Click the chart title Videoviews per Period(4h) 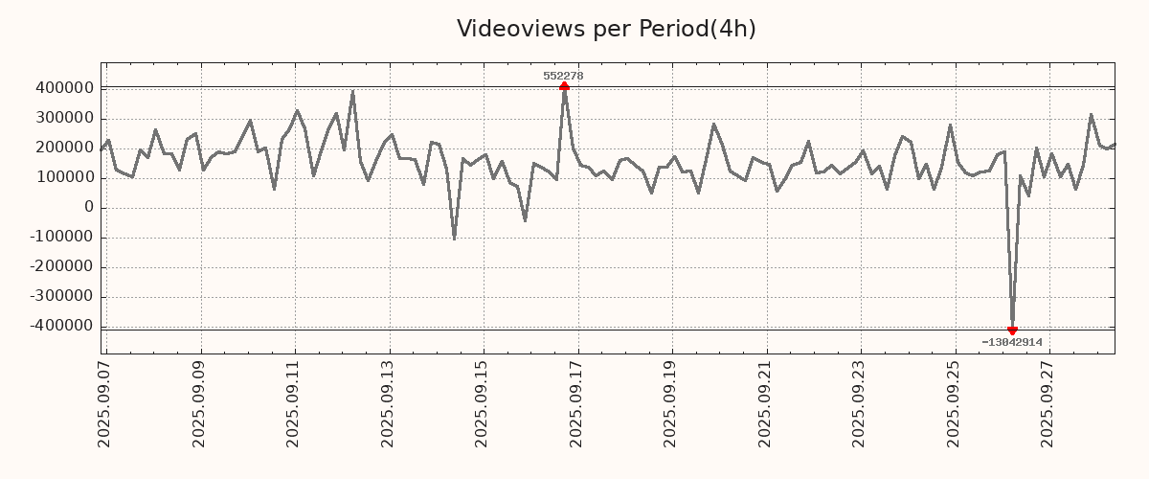click(606, 29)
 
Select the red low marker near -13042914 click(1012, 331)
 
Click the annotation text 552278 click(563, 76)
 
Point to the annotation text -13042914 click(1011, 342)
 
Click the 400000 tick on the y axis click(63, 88)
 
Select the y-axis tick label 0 click(89, 207)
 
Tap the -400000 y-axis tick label click(60, 326)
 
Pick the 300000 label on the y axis click(63, 118)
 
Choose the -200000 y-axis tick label click(60, 266)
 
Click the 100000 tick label click(63, 177)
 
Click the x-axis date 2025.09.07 click(104, 404)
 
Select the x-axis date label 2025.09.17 click(577, 404)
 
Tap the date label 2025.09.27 click(1048, 404)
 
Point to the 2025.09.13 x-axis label click(388, 404)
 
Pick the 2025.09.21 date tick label click(765, 404)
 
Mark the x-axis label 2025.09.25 click(954, 404)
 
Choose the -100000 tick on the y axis click(60, 237)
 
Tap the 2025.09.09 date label click(199, 404)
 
